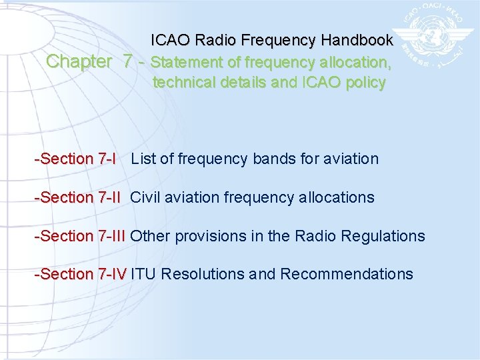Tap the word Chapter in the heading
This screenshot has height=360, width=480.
coord(79,62)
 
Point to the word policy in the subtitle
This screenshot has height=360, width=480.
coord(365,83)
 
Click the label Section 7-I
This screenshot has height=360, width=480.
coord(75,159)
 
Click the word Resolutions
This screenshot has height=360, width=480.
coord(203,274)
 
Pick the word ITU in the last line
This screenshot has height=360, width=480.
coord(143,274)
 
